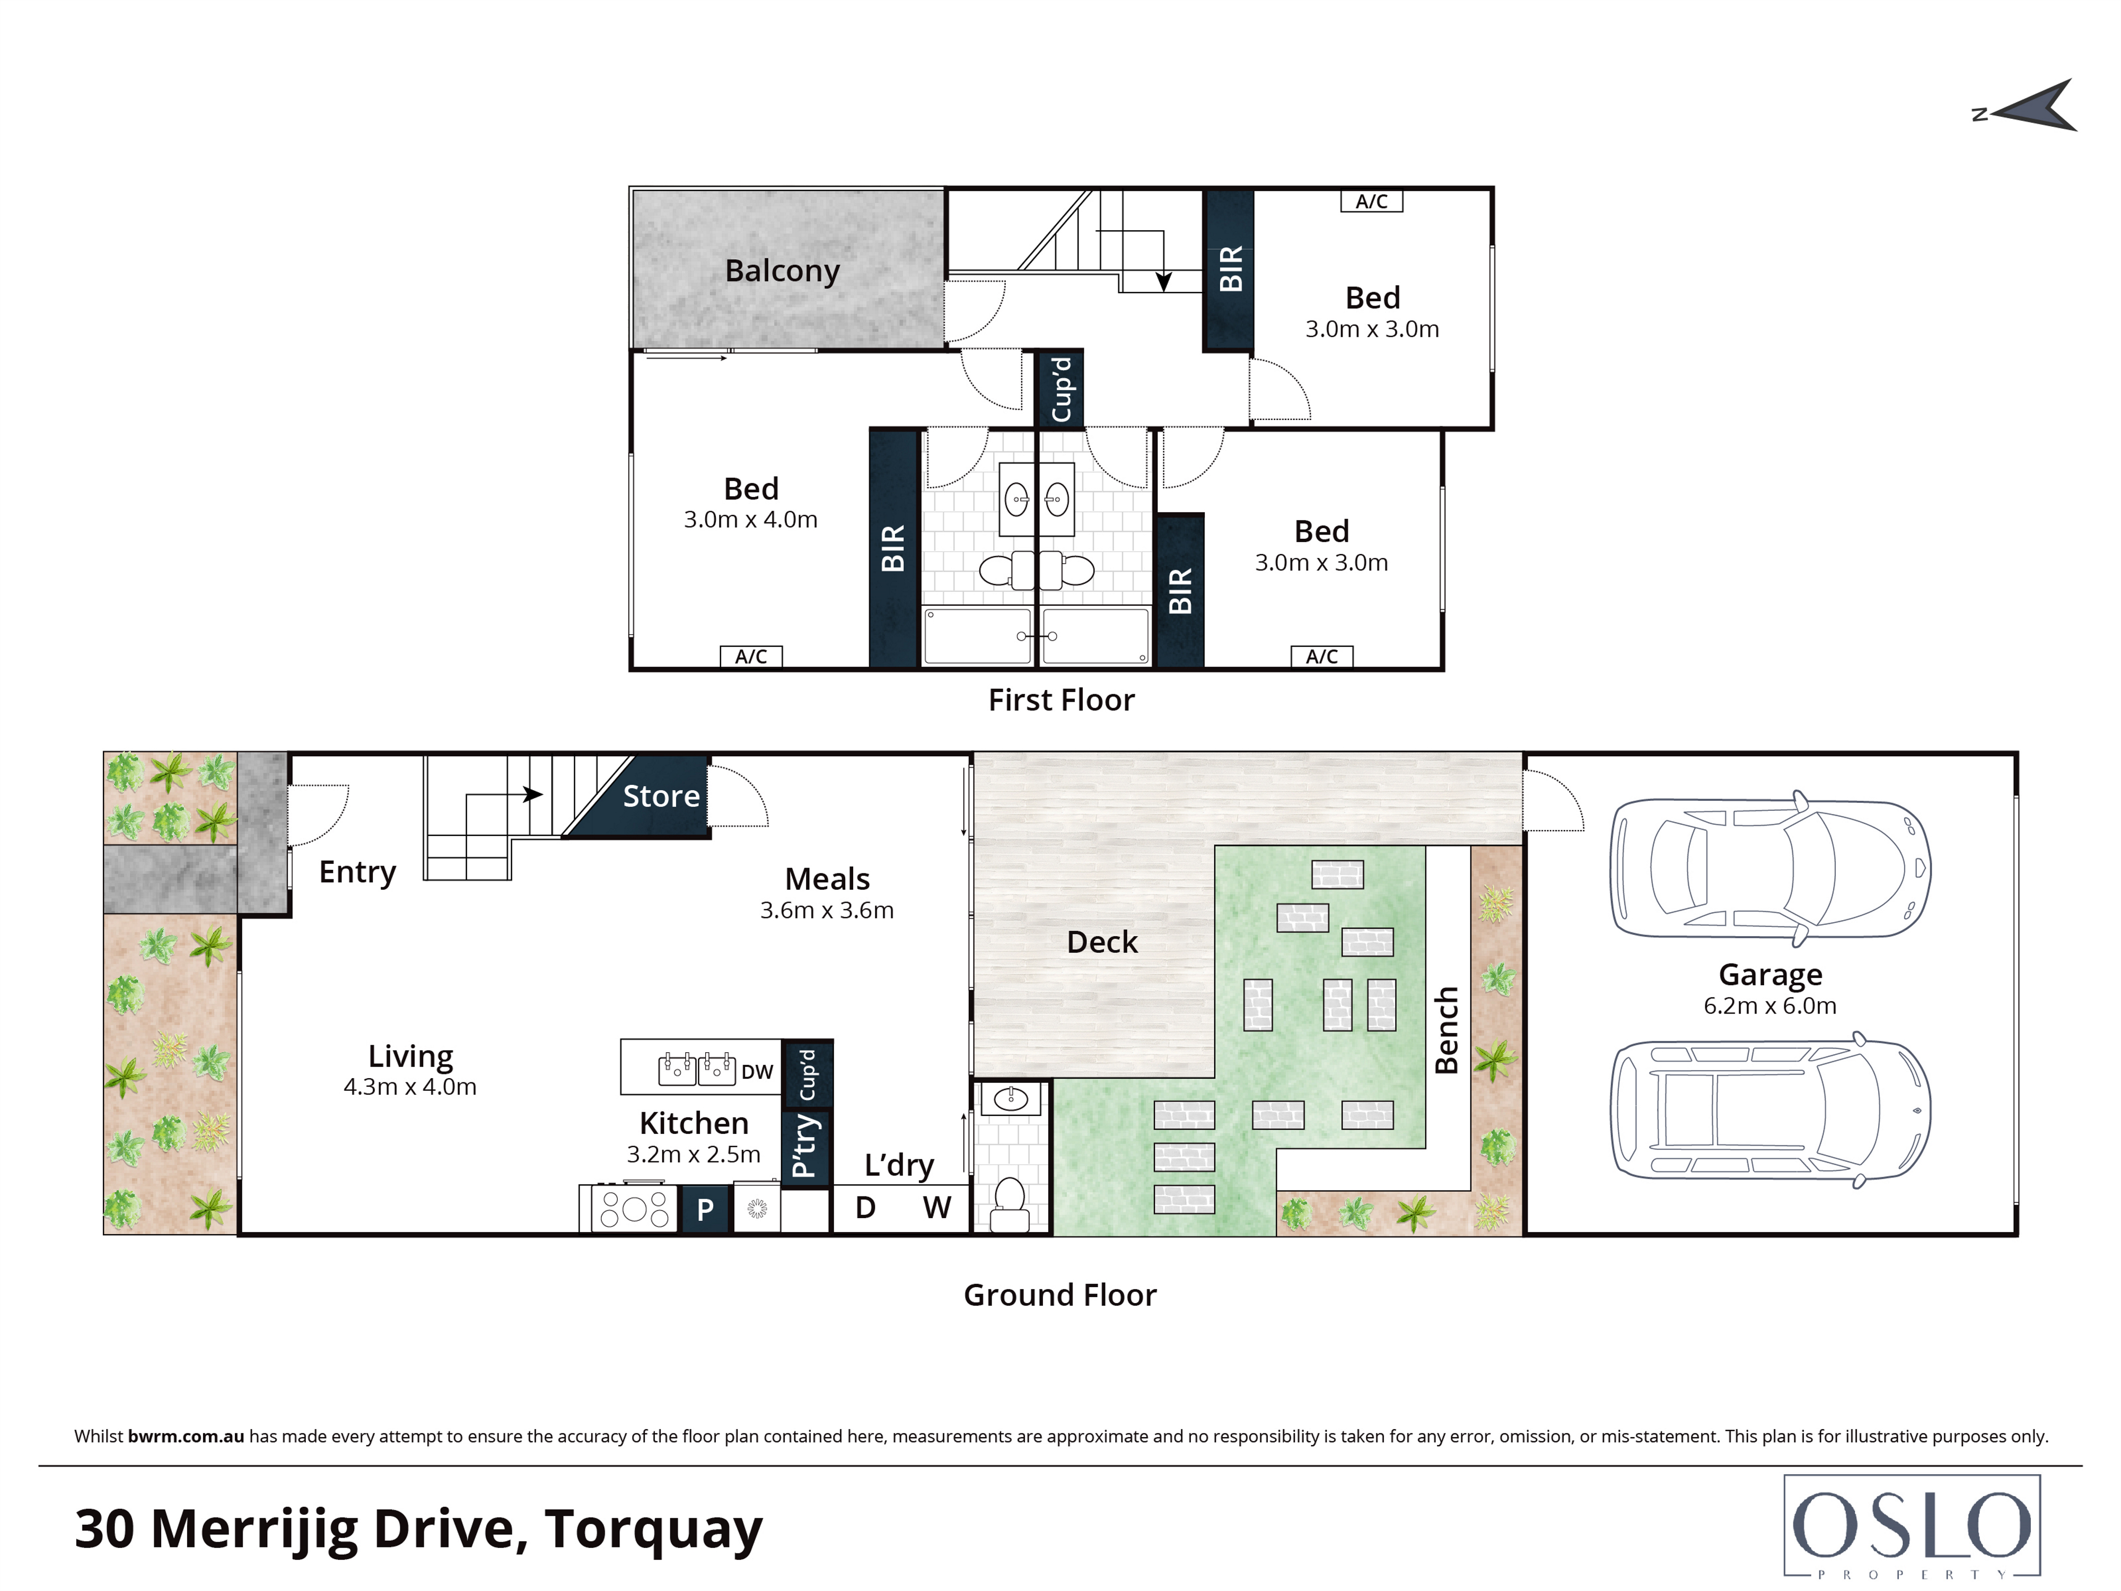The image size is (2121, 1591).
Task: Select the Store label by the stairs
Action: tap(661, 796)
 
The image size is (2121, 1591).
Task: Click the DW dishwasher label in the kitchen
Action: tap(757, 1072)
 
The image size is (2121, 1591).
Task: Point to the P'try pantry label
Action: tap(805, 1146)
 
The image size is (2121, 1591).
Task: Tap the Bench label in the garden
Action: tap(1446, 1031)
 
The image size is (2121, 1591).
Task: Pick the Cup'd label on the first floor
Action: tap(1060, 388)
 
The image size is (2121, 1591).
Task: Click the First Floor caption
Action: tap(1060, 700)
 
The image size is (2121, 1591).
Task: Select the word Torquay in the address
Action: tap(654, 1529)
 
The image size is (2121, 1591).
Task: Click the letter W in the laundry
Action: tap(937, 1208)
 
